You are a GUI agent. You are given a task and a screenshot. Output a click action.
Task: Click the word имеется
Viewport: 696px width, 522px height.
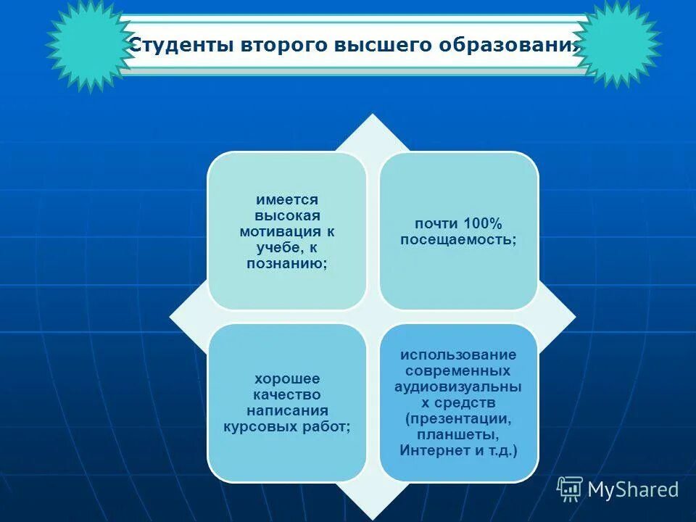286,199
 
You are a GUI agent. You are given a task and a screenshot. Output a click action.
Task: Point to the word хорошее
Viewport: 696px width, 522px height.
286,378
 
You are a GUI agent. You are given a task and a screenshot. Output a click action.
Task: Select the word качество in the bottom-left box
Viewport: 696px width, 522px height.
286,395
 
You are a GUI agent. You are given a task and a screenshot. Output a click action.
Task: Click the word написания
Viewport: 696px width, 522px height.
286,411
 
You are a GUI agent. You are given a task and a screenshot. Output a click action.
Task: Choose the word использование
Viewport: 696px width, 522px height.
458,355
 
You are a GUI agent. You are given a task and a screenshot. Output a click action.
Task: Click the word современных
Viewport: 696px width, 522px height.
458,371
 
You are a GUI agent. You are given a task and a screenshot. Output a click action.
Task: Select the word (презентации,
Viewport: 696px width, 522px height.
458,419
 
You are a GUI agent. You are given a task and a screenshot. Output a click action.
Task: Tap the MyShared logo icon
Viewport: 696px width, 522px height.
570,489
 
